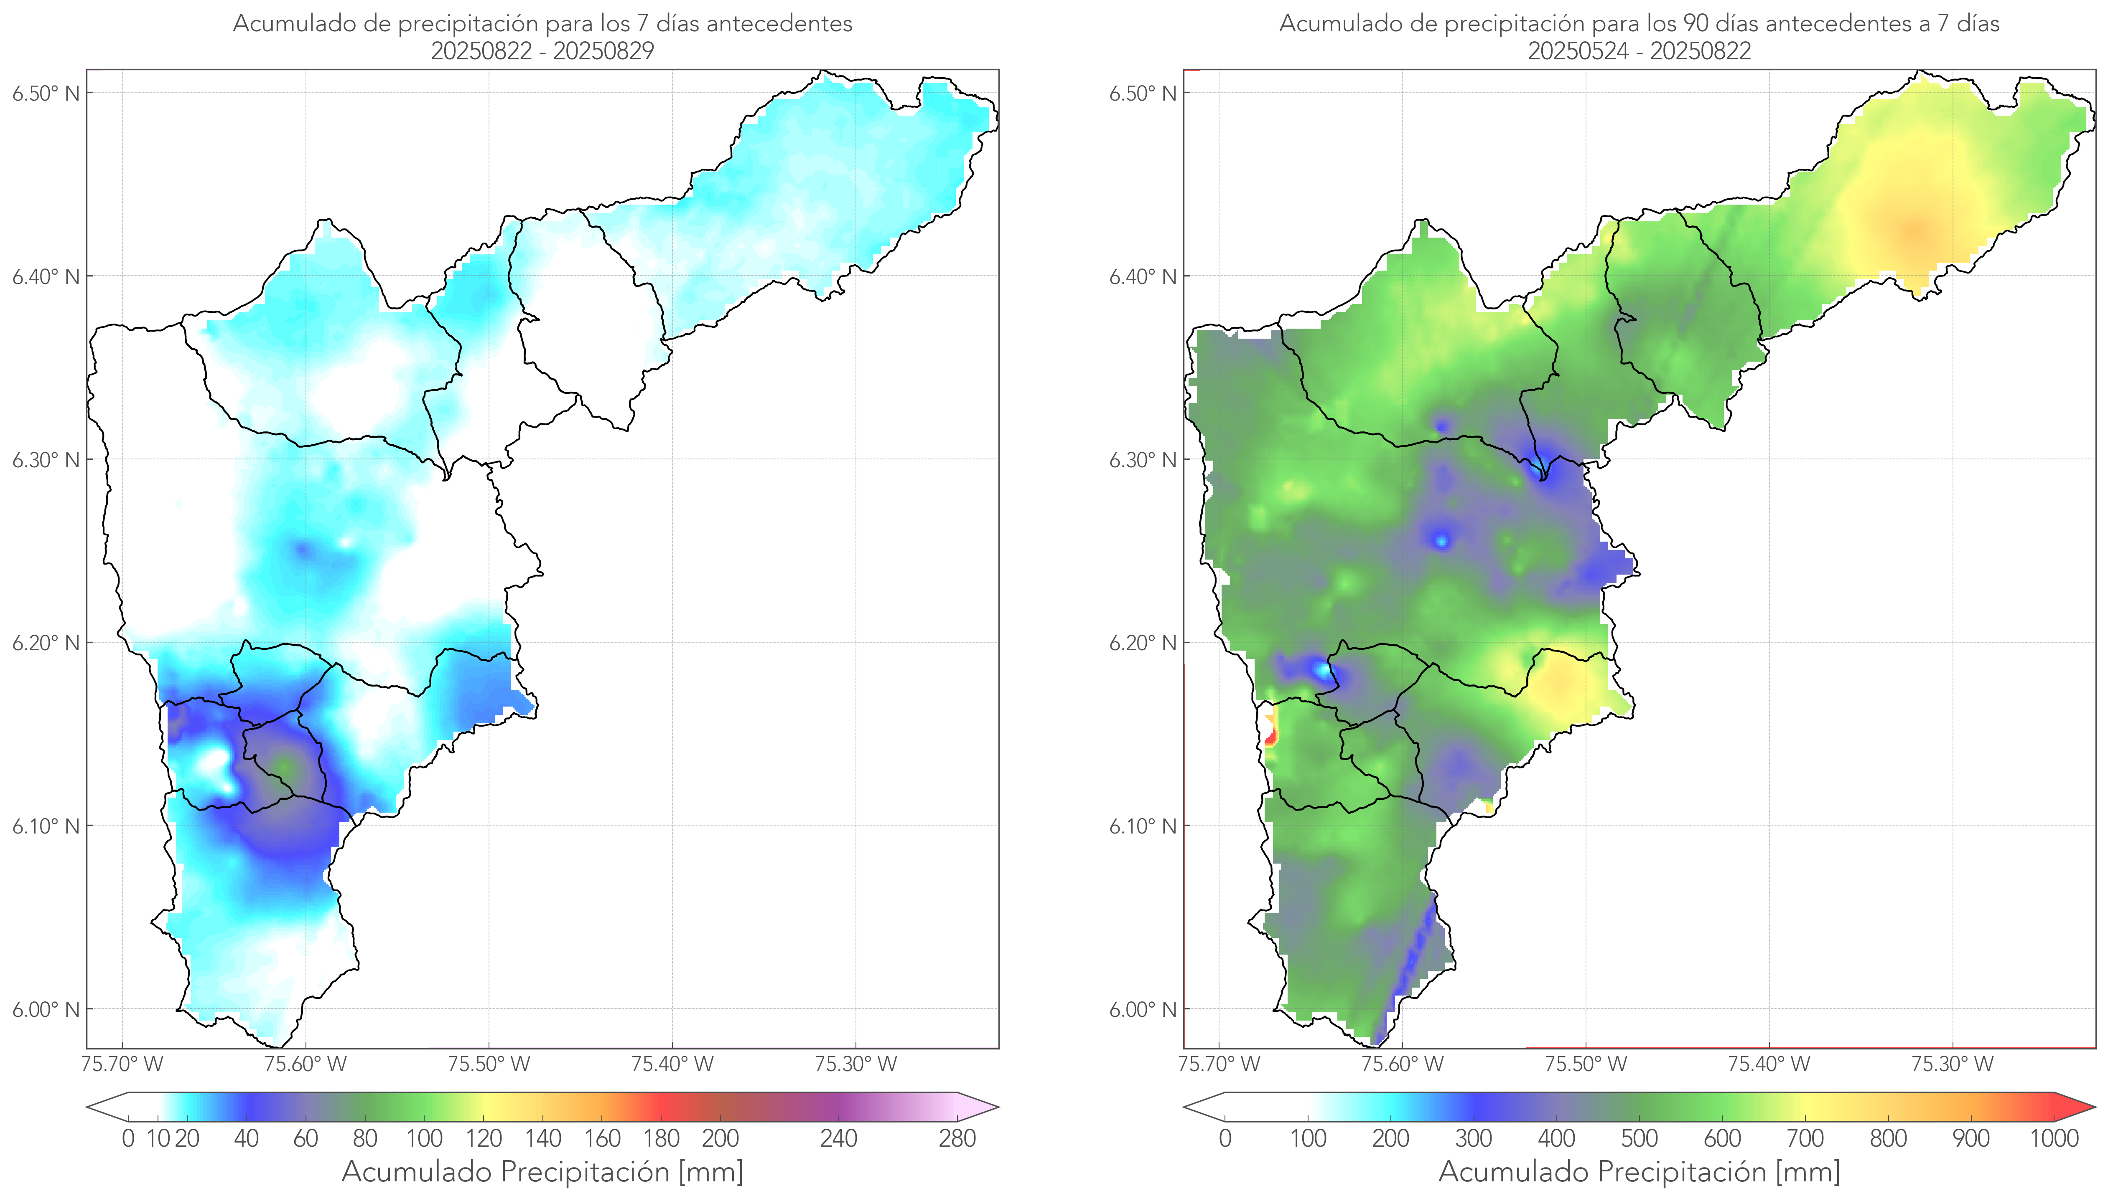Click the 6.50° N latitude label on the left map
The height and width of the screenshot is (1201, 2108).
click(46, 93)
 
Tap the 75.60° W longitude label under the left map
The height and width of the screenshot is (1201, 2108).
click(306, 1064)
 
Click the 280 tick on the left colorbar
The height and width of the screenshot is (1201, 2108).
click(957, 1138)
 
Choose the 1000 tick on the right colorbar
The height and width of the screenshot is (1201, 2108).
click(2054, 1138)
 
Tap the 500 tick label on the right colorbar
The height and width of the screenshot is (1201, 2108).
click(1639, 1138)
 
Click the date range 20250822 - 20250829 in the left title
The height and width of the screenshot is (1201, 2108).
click(542, 51)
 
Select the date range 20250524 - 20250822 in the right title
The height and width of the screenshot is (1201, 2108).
click(1639, 51)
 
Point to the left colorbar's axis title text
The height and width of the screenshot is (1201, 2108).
click(542, 1171)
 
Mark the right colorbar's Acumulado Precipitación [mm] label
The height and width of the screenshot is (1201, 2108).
click(1639, 1171)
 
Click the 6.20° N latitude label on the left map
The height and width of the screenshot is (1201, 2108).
click(46, 643)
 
